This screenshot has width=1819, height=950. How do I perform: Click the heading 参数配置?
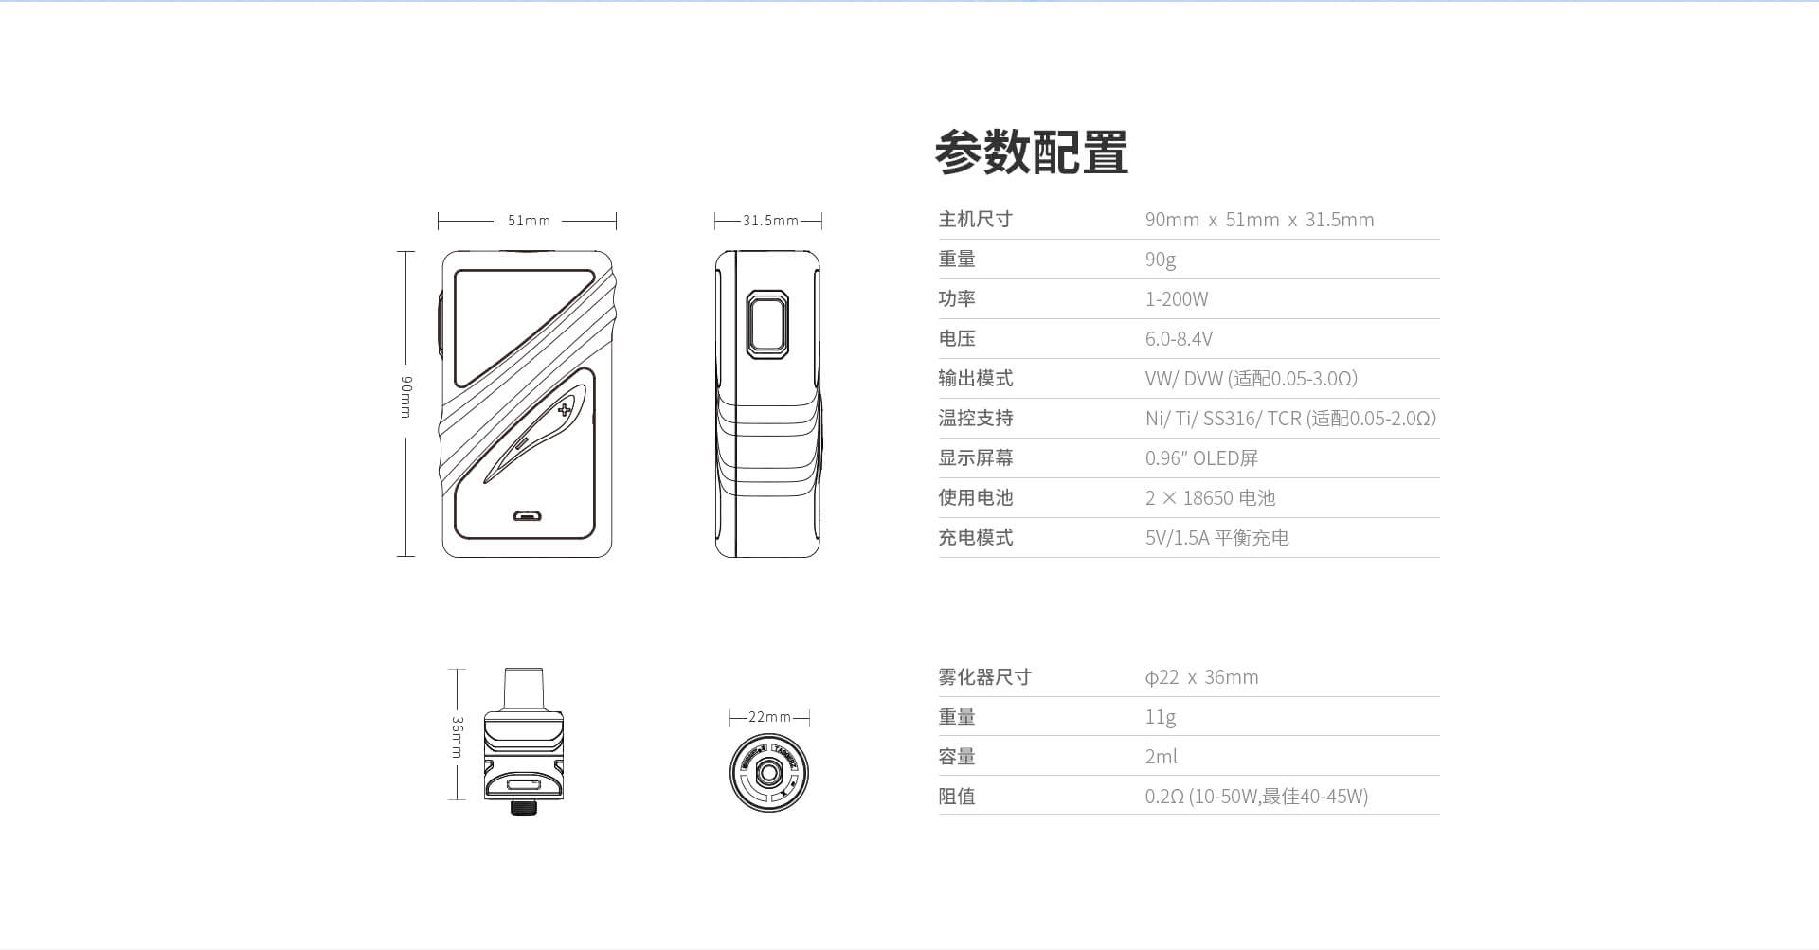1031,152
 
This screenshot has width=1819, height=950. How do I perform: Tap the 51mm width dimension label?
529,221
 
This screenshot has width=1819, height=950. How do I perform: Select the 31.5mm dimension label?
769,221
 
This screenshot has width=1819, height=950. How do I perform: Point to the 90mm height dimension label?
405,397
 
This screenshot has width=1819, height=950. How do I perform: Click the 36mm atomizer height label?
457,737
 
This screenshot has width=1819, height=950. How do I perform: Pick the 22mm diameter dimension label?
769,717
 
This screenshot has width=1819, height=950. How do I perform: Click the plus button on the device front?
565,410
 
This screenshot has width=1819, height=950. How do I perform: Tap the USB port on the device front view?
527,516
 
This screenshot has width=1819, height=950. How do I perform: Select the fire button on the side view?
767,325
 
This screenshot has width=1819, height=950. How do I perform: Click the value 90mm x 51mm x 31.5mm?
1259,220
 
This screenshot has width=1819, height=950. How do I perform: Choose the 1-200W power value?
1176,299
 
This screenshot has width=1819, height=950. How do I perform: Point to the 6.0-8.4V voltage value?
1179,339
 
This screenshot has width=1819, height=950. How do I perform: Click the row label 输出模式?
975,379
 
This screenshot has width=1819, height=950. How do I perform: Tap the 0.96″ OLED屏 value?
1201,458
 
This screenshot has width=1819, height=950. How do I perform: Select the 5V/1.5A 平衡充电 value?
1216,538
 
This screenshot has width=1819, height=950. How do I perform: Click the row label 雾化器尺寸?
984,677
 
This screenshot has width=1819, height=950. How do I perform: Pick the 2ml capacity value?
1161,757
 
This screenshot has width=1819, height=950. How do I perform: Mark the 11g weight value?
1160,717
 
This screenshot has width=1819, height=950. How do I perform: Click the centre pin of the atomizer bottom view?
769,774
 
